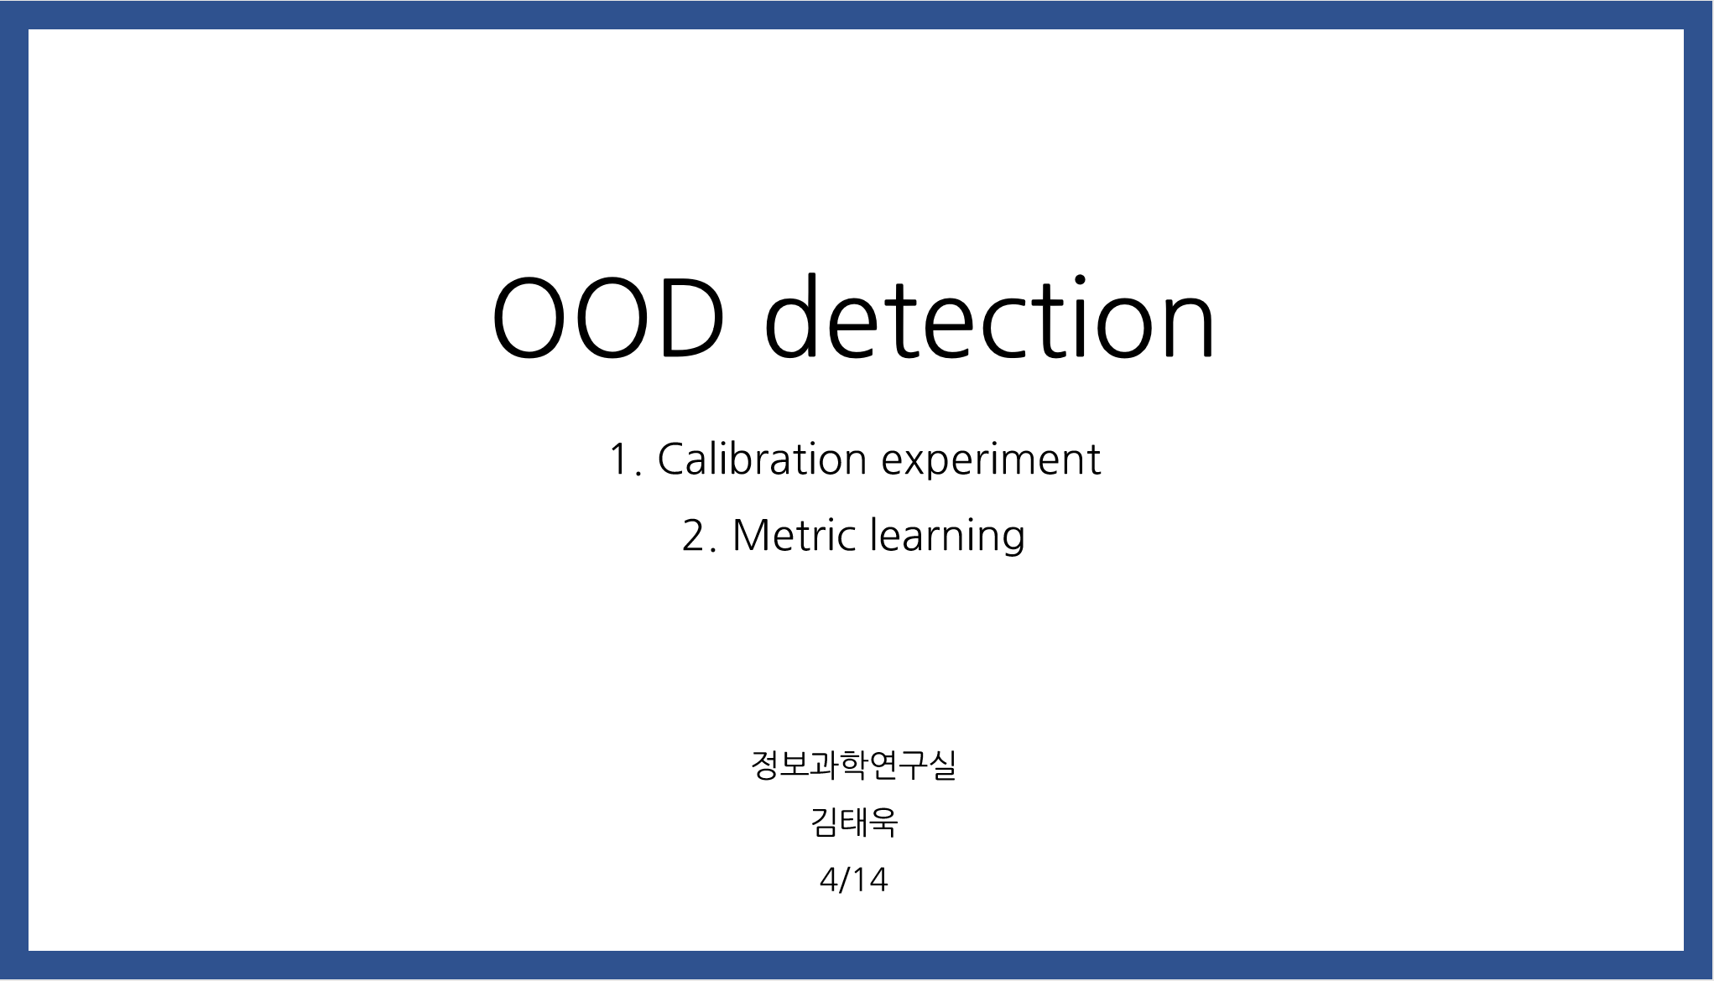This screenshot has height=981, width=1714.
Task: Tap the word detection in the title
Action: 990,316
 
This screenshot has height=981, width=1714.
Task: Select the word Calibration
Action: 762,459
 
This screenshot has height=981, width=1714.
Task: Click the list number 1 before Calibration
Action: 620,460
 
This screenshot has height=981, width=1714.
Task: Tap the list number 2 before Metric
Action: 695,536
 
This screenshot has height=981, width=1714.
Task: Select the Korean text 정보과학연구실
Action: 854,765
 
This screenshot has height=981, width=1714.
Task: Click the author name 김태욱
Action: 854,822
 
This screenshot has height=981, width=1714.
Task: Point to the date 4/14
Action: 854,880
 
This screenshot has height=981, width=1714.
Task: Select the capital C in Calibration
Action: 674,459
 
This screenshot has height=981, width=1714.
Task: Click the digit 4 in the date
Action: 829,880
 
